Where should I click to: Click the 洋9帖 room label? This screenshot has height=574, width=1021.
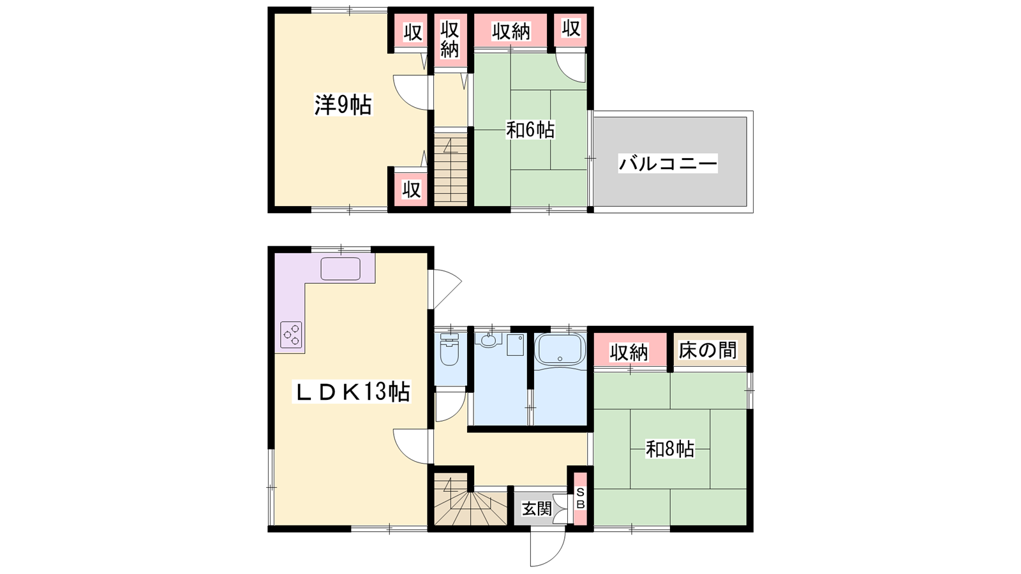pos(343,105)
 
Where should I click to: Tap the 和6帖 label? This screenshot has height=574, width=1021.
pos(530,130)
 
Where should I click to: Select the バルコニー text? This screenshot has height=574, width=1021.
pos(668,163)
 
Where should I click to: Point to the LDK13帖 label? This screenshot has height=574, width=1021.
pos(352,392)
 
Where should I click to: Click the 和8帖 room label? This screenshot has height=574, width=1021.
pos(670,449)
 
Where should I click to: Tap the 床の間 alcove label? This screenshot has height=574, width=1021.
pos(708,350)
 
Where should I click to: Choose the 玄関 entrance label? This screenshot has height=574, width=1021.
pos(537,508)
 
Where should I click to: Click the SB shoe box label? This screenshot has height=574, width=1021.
pos(580,498)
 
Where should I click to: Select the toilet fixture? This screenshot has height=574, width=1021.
pos(449,350)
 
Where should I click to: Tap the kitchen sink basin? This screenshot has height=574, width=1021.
pos(341,269)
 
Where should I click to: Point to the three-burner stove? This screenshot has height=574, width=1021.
pos(291,335)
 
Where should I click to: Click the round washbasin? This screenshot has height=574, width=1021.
pos(489,340)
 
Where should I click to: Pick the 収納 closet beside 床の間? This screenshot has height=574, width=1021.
pos(629,350)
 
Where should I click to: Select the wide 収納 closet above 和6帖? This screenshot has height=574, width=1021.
pos(511,30)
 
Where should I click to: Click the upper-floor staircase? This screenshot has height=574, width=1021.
pos(451,169)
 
